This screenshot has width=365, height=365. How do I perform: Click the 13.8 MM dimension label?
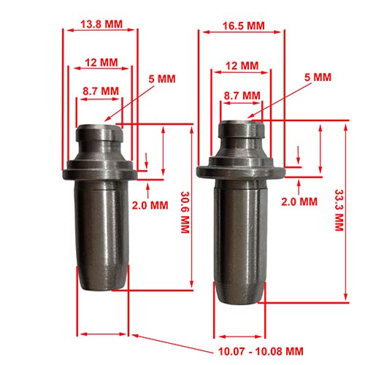pos(101,24)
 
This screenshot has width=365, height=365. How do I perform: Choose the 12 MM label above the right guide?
pos(242,66)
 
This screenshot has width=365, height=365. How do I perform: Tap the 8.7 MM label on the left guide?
pos(100,91)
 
